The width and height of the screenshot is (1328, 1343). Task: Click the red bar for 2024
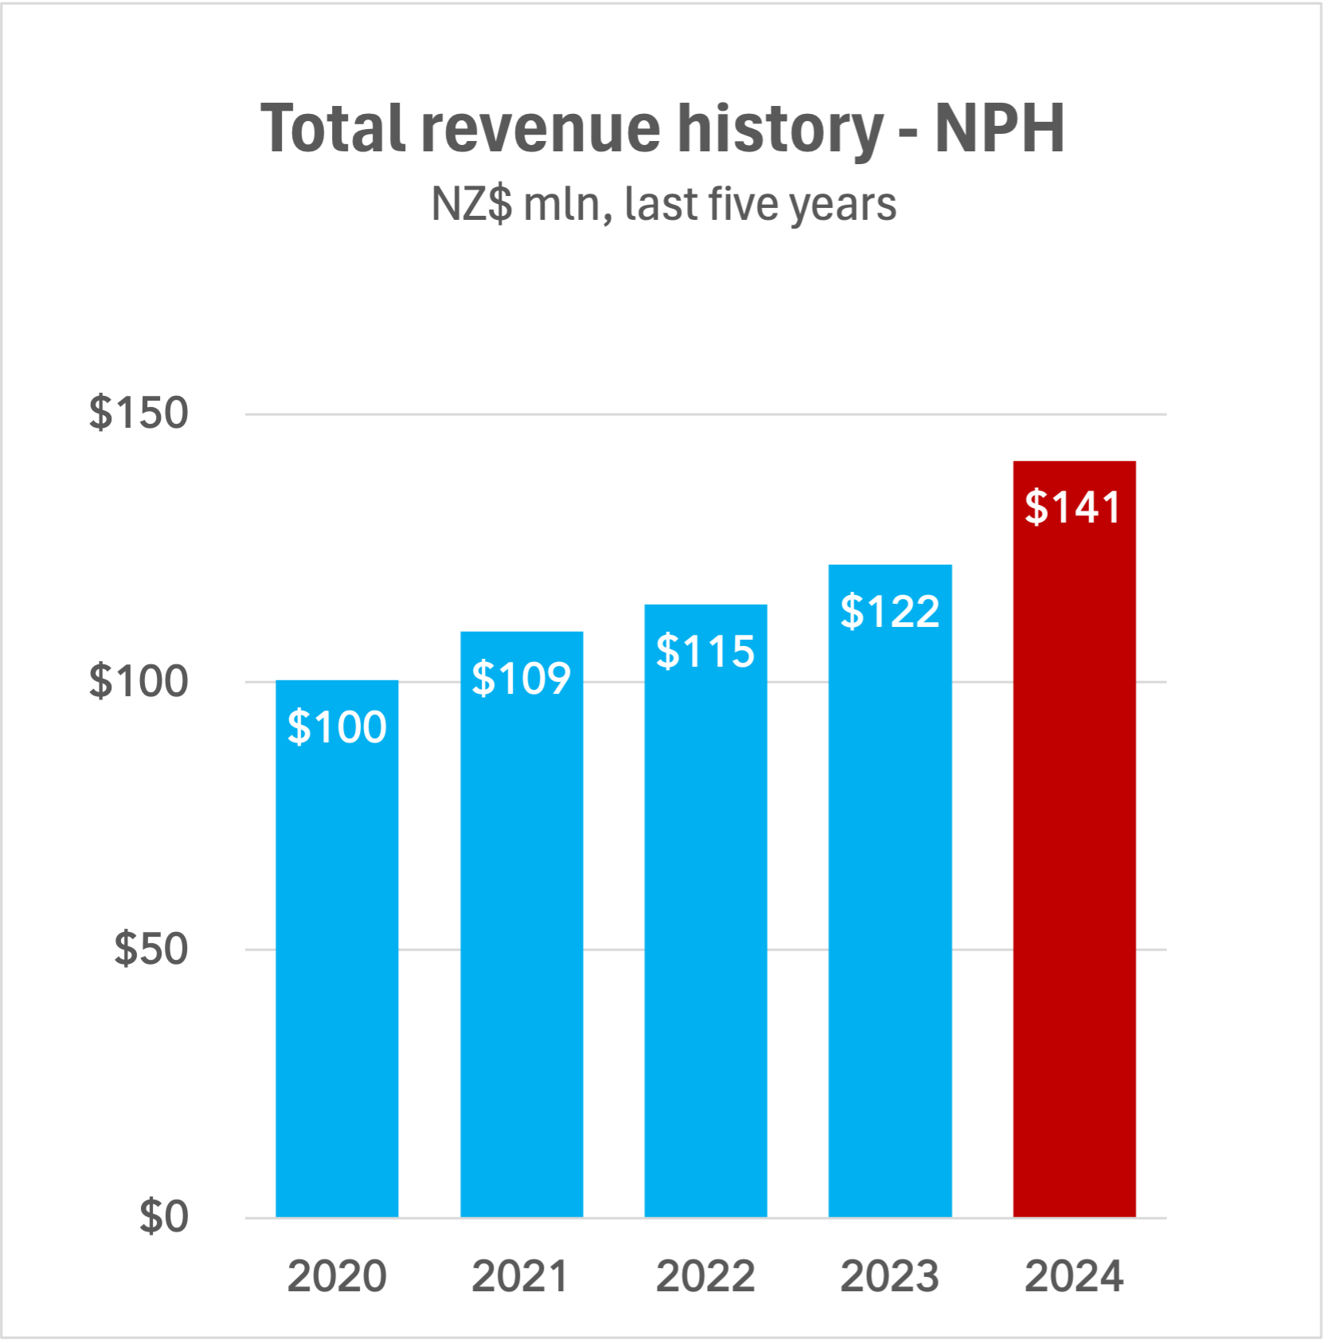tap(1074, 876)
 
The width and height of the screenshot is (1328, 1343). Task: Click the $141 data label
tap(1073, 507)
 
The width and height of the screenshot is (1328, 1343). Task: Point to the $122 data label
tap(890, 612)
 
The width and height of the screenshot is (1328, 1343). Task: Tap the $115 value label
tap(705, 652)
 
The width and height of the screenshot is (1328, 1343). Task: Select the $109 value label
tap(521, 679)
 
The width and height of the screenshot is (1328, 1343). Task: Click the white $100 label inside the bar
tap(337, 727)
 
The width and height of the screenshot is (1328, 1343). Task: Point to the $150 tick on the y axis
tap(139, 413)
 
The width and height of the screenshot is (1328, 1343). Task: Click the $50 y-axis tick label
tap(151, 949)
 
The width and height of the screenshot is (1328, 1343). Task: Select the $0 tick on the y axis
tap(164, 1217)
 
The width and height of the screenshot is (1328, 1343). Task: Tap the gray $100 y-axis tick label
tap(139, 682)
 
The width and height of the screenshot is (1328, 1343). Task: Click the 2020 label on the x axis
tap(337, 1276)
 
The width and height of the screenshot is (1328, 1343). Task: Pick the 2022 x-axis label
tap(705, 1276)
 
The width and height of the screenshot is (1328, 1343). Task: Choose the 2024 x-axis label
tap(1074, 1276)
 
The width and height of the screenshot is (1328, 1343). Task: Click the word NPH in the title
tap(999, 128)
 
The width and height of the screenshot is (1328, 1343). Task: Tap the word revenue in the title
tap(541, 130)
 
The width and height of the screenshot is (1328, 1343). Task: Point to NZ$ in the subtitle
tap(471, 204)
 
